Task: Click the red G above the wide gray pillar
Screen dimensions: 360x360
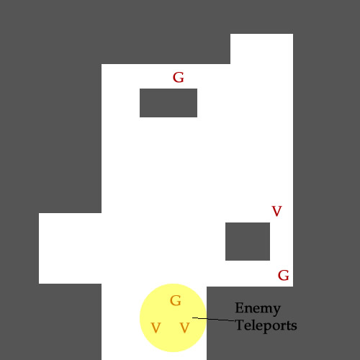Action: (x=179, y=78)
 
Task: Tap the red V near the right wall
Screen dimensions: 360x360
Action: (x=276, y=211)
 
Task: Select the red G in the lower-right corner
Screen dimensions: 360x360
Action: (x=284, y=275)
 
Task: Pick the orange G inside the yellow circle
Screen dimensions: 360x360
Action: (x=176, y=301)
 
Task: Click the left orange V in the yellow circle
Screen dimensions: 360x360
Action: (x=156, y=328)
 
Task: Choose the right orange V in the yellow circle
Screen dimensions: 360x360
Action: (x=185, y=328)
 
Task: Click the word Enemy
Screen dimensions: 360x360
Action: (x=258, y=309)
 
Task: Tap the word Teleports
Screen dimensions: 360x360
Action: (x=266, y=325)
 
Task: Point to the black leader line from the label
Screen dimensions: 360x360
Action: (x=213, y=319)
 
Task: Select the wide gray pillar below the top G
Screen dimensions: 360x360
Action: (x=168, y=103)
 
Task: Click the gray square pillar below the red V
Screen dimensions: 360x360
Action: (x=248, y=241)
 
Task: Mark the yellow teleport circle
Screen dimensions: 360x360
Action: (x=173, y=318)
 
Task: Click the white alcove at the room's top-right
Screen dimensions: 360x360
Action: (x=261, y=49)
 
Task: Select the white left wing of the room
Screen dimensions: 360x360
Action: (x=70, y=248)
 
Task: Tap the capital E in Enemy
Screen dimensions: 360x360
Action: (x=239, y=307)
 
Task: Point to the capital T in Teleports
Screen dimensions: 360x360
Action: (x=240, y=325)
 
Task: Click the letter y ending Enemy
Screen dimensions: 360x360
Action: (x=276, y=311)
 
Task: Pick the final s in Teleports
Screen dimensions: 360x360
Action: (x=294, y=327)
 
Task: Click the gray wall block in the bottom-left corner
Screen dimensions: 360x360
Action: (x=50, y=322)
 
